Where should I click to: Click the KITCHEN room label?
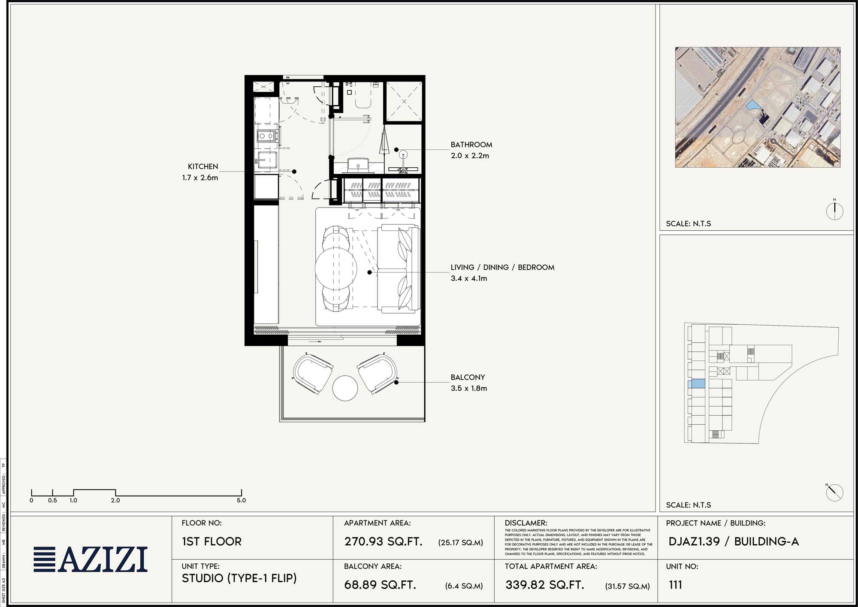tap(203, 166)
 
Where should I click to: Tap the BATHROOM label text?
tap(471, 145)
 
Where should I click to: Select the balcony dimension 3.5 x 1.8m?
tap(468, 388)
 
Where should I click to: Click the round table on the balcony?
tap(344, 388)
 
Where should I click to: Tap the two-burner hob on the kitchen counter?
tap(266, 136)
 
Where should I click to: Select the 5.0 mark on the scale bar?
tap(241, 500)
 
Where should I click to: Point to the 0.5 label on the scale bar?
tap(52, 500)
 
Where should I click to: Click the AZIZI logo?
tap(91, 559)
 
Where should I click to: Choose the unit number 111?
tap(675, 585)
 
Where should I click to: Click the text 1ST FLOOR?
tap(211, 541)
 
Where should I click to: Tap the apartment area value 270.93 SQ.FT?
tap(383, 541)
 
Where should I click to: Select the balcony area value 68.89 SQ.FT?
tap(380, 585)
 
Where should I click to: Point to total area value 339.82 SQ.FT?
tap(545, 585)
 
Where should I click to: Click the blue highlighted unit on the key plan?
tap(696, 384)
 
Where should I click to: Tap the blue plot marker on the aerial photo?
tap(752, 106)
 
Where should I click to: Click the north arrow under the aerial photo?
tap(834, 210)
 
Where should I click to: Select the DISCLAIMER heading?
tap(526, 523)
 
